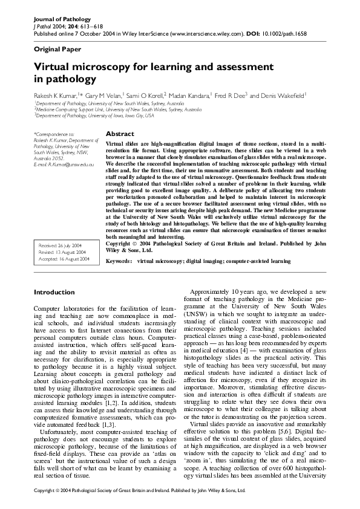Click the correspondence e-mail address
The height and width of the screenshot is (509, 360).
pyautogui.click(x=64, y=164)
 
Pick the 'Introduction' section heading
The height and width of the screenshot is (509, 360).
pyautogui.click(x=54, y=292)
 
